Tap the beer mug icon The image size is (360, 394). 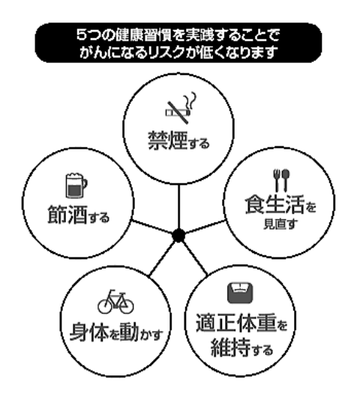pos(76,185)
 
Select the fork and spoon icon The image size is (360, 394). pos(281,180)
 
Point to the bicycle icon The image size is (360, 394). pos(115,302)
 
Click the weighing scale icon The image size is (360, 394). pos(240,293)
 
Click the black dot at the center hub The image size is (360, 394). pos(178,236)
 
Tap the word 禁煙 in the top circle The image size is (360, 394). pos(168,141)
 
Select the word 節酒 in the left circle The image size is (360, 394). pos(67,215)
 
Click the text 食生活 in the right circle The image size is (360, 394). pos(274,205)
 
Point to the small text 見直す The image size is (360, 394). pos(280,224)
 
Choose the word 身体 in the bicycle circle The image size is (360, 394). pos(89,332)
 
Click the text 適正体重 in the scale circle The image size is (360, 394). pos(236,323)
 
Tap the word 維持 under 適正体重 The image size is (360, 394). pos(231,347)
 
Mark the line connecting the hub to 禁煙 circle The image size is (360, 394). pos(178,207)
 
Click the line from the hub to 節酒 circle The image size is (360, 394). pos(152,227)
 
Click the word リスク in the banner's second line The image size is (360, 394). pos(166,53)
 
